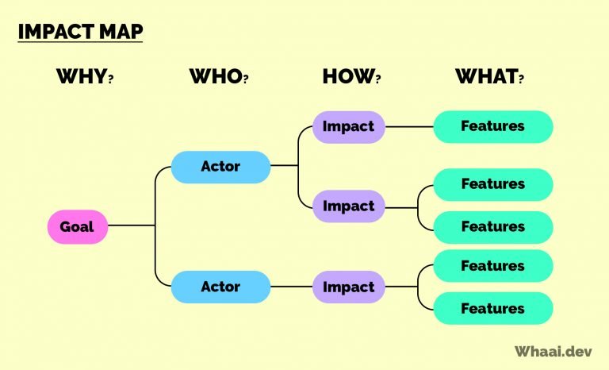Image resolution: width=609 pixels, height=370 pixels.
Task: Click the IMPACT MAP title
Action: pos(79,32)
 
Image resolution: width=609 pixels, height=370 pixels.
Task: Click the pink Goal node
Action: pos(77,226)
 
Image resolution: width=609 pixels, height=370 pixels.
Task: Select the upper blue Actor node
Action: pos(220,167)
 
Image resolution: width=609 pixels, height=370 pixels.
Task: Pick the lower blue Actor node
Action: pos(220,286)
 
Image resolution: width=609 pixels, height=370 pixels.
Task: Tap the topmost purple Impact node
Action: pos(348,126)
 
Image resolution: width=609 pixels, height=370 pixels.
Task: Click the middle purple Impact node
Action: pos(348,206)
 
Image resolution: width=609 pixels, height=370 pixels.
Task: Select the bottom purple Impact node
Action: pos(348,286)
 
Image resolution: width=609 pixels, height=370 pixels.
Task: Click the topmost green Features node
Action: pos(492,126)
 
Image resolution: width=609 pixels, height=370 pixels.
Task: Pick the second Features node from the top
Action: pos(492,184)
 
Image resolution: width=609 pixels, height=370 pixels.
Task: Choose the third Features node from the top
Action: pos(492,227)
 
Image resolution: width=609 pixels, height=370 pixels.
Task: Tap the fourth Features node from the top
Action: pos(492,265)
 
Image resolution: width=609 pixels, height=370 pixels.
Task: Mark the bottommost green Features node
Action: pos(492,308)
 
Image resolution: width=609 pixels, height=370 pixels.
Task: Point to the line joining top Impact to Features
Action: pos(408,126)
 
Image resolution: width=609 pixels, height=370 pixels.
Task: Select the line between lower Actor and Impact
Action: pos(291,286)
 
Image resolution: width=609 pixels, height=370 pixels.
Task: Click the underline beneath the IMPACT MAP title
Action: pos(79,43)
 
